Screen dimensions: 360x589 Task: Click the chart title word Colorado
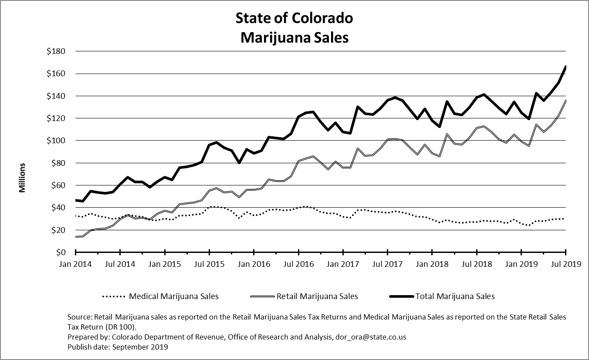point(323,18)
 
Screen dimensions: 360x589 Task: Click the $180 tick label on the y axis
point(56,51)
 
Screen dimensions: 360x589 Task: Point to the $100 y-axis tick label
point(56,141)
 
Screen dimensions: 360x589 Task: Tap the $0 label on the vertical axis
point(60,252)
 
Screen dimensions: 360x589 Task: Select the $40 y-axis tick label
point(58,208)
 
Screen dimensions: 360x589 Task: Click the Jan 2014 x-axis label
point(76,264)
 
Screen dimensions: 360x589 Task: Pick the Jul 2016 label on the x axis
point(298,264)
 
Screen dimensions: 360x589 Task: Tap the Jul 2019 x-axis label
point(565,264)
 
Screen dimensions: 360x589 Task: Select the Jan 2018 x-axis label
point(432,264)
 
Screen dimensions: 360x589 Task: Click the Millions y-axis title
point(22,178)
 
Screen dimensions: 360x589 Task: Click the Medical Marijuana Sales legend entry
point(173,296)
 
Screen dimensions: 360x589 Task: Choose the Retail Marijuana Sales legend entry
point(317,296)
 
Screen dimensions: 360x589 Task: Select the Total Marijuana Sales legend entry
point(455,296)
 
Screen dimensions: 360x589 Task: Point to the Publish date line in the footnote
point(118,347)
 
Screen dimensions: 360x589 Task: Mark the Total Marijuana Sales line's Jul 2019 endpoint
point(565,67)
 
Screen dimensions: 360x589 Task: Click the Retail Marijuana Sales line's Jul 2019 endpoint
point(565,101)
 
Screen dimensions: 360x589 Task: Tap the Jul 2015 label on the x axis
point(210,264)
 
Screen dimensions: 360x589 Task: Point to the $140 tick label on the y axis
point(56,96)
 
